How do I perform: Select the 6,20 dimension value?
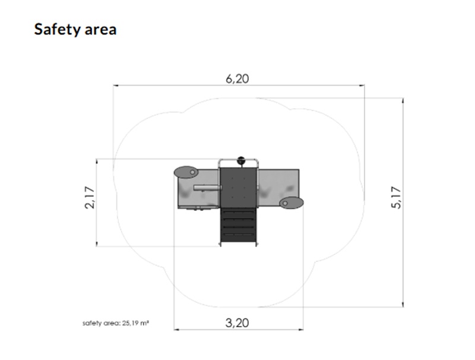[x=237, y=79]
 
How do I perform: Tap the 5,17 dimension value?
[x=396, y=198]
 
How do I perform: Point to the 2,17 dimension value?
[x=90, y=197]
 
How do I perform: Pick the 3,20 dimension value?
[x=237, y=323]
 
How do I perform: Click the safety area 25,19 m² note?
[x=116, y=323]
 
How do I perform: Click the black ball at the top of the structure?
[x=241, y=160]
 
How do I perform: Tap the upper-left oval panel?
[x=186, y=172]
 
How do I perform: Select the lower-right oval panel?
[x=291, y=203]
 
